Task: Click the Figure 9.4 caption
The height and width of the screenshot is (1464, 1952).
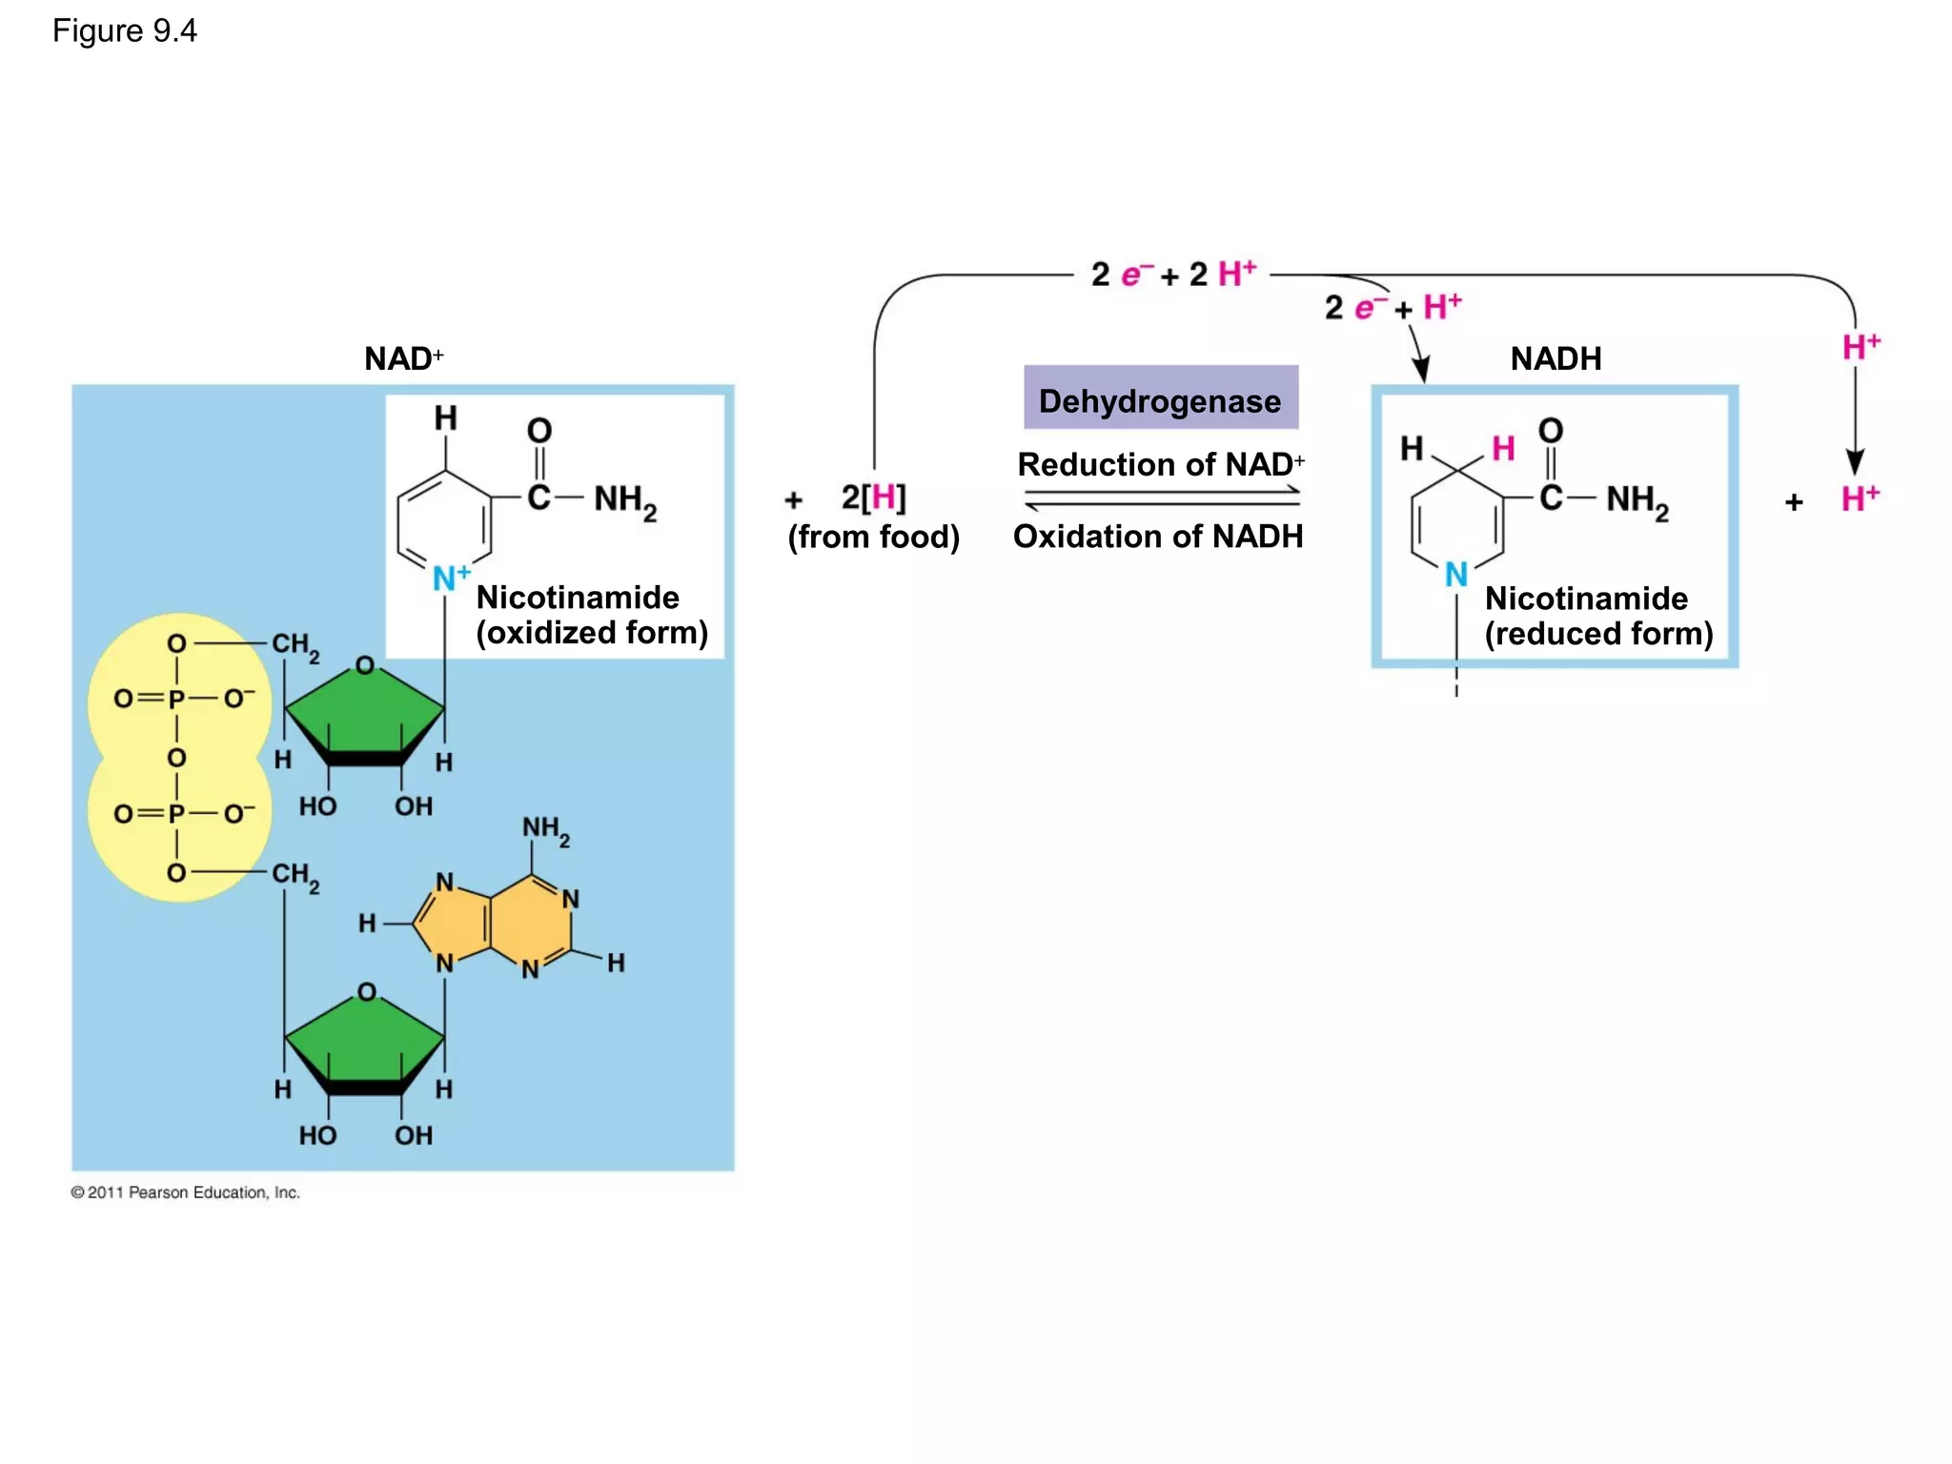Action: (x=124, y=31)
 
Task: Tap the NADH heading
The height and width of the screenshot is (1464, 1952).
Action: (x=1555, y=359)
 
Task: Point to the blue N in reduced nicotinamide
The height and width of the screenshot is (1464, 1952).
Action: (x=1455, y=575)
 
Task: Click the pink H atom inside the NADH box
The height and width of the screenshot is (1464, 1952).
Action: (x=1503, y=448)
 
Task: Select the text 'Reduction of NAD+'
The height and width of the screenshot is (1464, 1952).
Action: (x=1160, y=464)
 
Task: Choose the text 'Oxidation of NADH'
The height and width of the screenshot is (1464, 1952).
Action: (x=1157, y=537)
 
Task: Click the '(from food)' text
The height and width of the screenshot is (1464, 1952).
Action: (x=873, y=537)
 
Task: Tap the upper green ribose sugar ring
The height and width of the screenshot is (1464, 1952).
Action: (x=365, y=715)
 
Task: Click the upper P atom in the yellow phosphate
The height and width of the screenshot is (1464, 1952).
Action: (x=176, y=699)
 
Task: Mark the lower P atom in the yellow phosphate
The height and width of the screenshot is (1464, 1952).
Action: (x=176, y=814)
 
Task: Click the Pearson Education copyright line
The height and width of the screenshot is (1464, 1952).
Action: (x=185, y=1192)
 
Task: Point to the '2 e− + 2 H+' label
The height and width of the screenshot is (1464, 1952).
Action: (x=1173, y=274)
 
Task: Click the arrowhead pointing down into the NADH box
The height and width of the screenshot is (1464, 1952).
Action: (x=1421, y=370)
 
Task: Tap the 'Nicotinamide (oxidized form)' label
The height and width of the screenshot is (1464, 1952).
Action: (x=591, y=615)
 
